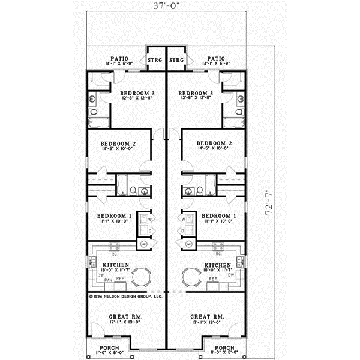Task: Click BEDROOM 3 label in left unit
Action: click(137, 93)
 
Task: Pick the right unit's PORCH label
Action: click(224, 347)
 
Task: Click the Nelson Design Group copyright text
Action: click(125, 296)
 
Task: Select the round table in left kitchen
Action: click(142, 277)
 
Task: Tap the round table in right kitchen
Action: click(190, 277)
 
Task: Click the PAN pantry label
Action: click(108, 280)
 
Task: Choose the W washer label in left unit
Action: click(150, 218)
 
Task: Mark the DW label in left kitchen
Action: click(92, 275)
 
